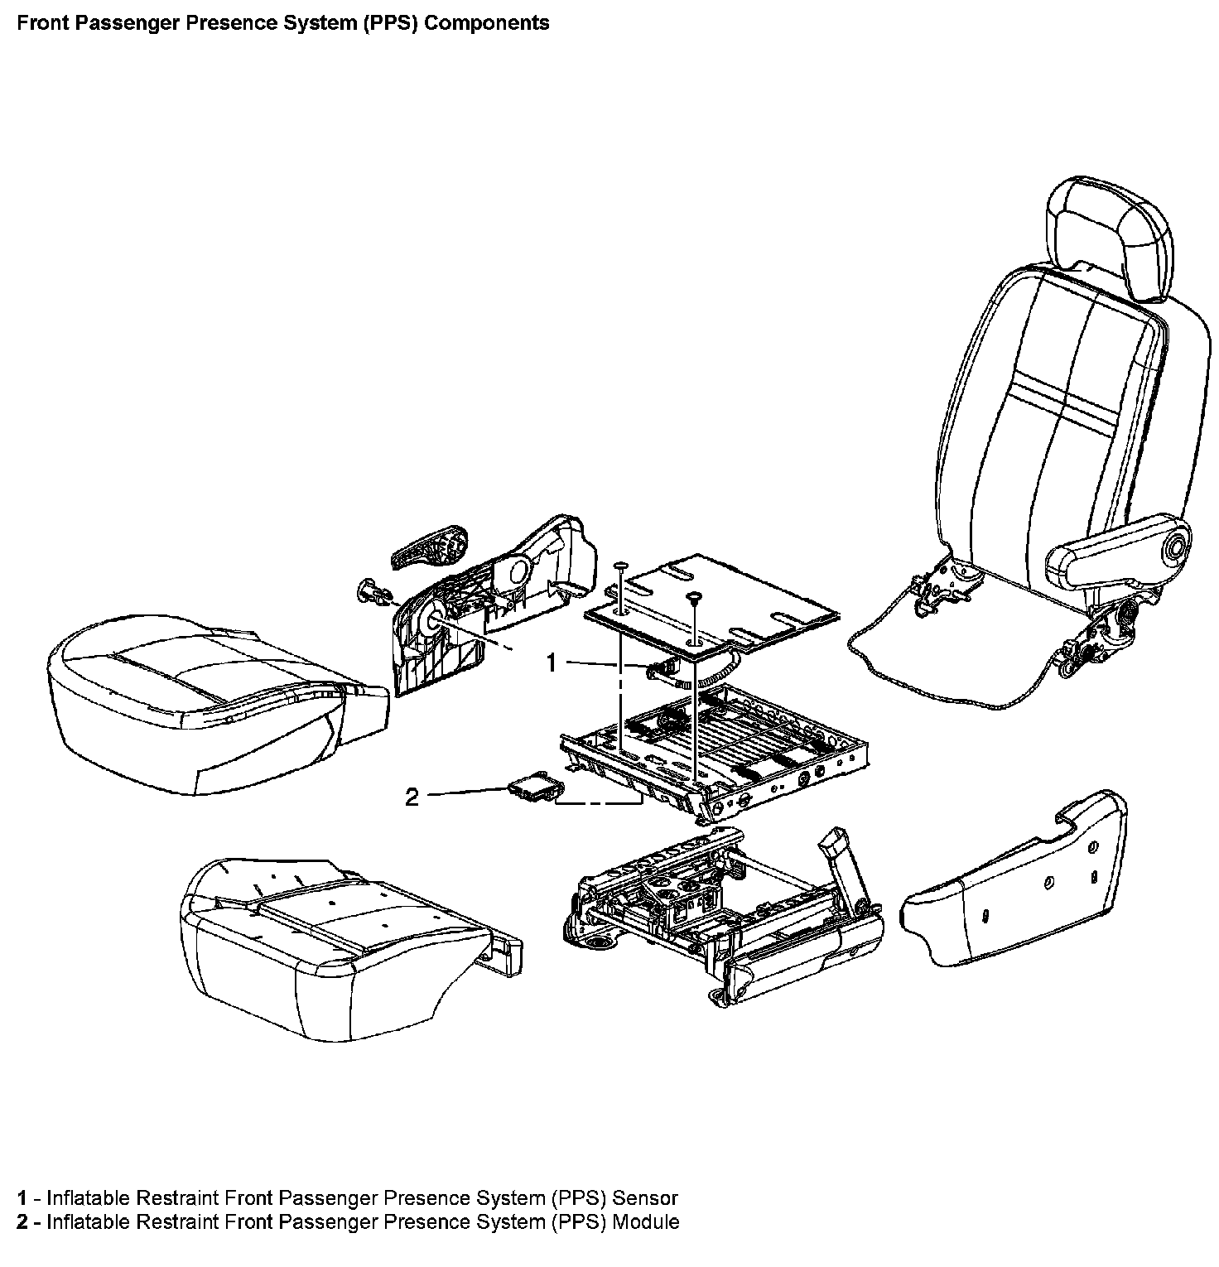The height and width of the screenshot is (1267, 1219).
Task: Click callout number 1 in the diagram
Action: click(x=553, y=662)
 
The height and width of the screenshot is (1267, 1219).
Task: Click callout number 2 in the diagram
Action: click(x=412, y=797)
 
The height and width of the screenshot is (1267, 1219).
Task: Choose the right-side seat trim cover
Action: click(x=1014, y=878)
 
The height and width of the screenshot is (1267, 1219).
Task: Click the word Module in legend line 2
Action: click(x=646, y=1221)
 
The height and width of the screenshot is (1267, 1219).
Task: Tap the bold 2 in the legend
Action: click(x=22, y=1221)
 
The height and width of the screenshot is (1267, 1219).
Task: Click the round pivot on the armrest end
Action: click(x=1173, y=547)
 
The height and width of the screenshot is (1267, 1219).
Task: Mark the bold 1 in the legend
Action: click(x=22, y=1197)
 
